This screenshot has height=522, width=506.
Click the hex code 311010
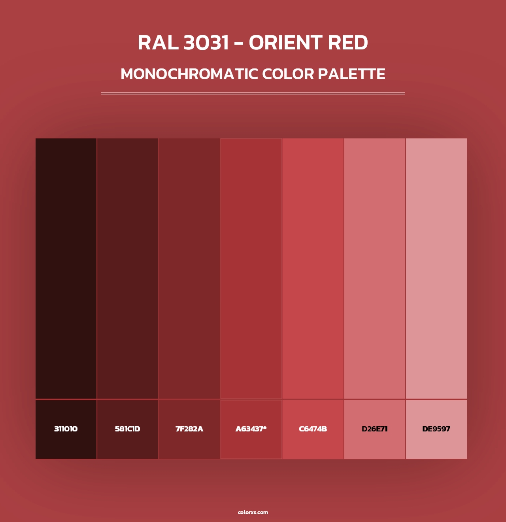coord(66,429)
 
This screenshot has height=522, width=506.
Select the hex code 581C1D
coord(127,429)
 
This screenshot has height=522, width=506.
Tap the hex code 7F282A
coord(189,429)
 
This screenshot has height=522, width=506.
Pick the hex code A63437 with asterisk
coord(251,429)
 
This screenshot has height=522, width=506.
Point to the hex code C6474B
coord(313,429)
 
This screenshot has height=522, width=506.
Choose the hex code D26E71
coord(375,429)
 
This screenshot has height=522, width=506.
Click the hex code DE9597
coord(436,429)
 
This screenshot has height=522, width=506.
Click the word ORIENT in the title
coord(285,43)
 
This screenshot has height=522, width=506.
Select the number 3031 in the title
coord(206,43)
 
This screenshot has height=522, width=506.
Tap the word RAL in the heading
coord(158,43)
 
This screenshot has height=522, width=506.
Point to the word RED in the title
coord(348,43)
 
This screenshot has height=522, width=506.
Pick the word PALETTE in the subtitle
coord(351,74)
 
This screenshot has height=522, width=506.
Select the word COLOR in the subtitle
coord(288,74)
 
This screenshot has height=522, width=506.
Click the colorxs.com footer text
coord(253,513)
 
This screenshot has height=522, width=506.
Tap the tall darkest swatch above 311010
coord(66,268)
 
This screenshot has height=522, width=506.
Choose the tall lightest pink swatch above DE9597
coord(436,268)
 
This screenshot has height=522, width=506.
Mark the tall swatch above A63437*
coord(251,268)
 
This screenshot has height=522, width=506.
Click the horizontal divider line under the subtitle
coord(253,93)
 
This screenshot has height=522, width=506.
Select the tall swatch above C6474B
coord(313,268)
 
